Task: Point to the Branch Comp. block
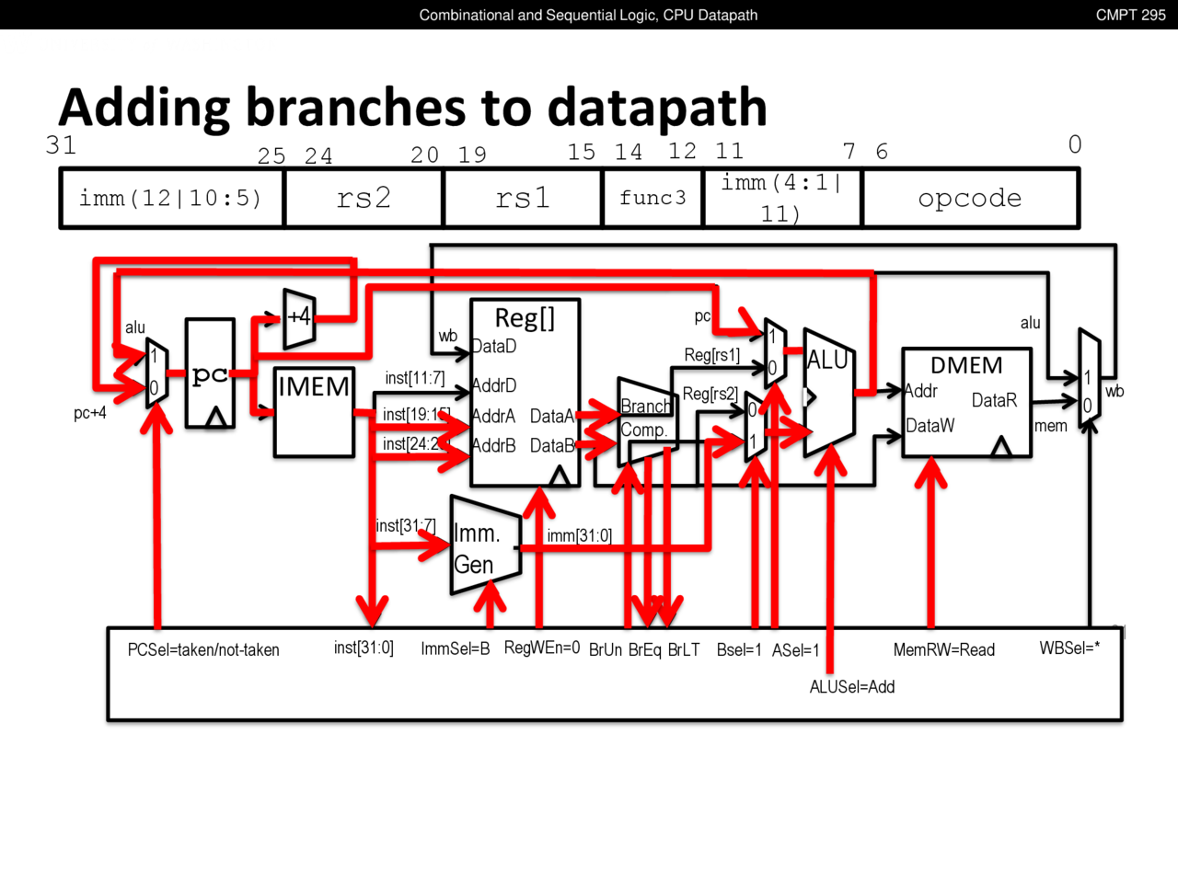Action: click(646, 419)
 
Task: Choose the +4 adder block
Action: click(299, 318)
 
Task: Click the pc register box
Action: click(210, 373)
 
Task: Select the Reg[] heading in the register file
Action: click(525, 318)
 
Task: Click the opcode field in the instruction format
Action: click(970, 198)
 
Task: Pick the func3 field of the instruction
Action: click(653, 198)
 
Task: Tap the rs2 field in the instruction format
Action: click(364, 198)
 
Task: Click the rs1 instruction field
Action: click(523, 198)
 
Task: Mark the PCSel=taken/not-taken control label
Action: click(203, 650)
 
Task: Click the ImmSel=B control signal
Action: click(455, 649)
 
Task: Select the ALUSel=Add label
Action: click(852, 687)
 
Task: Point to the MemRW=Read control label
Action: click(944, 650)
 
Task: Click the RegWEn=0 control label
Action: click(542, 648)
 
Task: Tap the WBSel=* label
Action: click(1069, 648)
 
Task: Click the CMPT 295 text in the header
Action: click(1130, 15)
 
